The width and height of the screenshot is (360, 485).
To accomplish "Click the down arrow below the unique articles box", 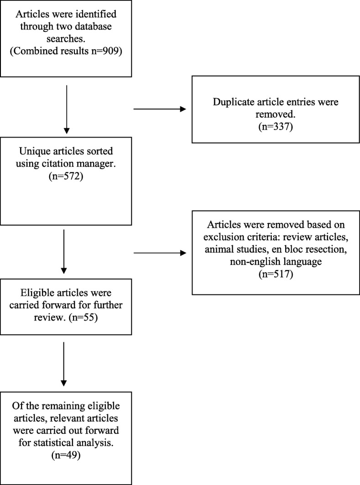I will [64, 248].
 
